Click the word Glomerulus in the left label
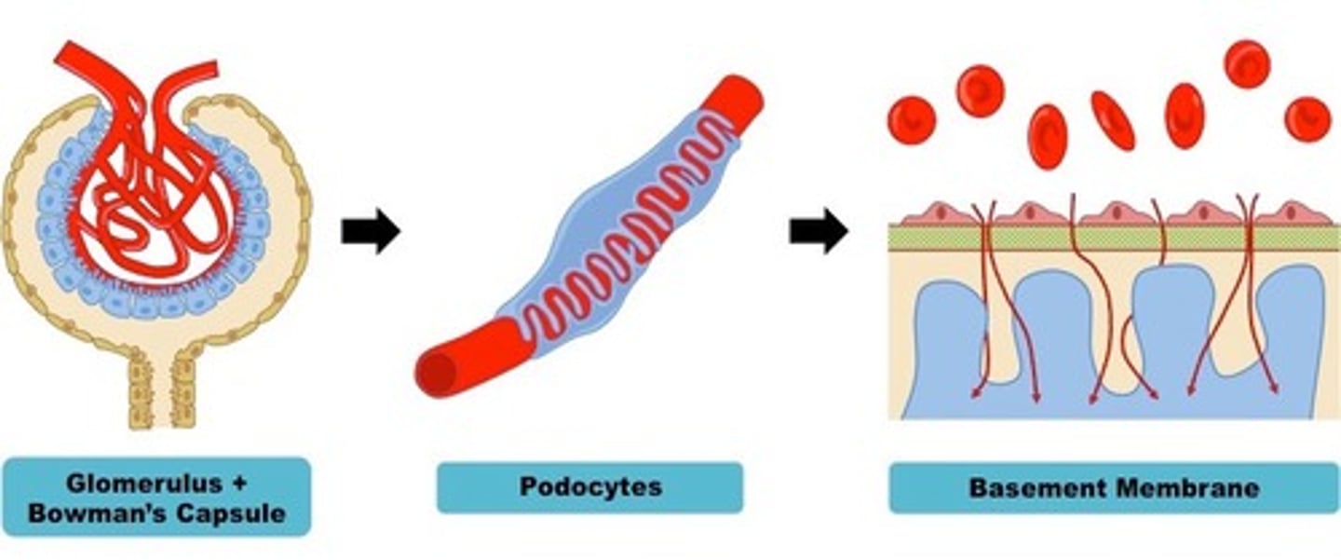[x=143, y=484]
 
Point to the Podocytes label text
[x=589, y=487]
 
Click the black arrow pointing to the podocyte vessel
[x=370, y=231]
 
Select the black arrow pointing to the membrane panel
[x=819, y=231]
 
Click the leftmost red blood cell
[x=912, y=121]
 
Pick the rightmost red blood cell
[x=1307, y=119]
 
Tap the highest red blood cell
[x=1247, y=63]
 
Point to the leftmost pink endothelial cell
[x=936, y=213]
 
